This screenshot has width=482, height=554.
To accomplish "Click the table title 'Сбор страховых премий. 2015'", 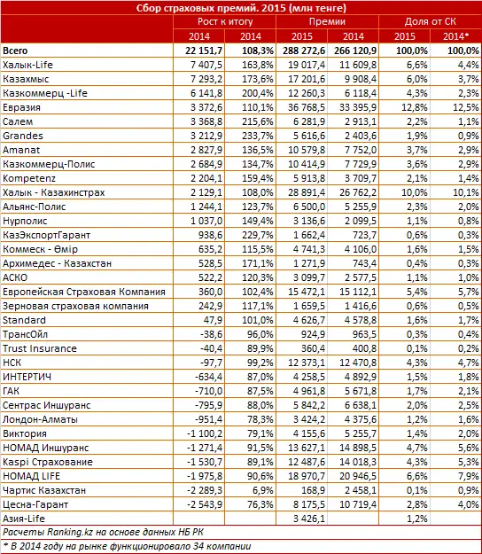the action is point(241,8).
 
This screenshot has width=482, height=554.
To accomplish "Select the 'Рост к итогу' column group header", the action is point(224,22).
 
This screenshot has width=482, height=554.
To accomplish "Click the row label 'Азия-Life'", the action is point(26,518).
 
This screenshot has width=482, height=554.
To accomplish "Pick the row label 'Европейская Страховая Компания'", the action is point(84,291).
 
